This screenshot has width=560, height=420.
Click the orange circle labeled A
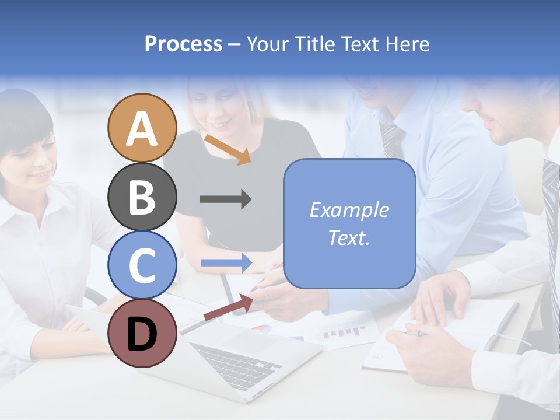142,128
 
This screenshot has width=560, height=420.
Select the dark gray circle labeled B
142,197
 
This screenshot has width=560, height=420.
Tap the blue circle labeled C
142,265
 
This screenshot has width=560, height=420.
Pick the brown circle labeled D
142,333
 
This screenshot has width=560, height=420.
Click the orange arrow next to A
228,149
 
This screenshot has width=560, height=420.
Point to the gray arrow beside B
226,199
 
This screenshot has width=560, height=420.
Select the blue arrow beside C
226,262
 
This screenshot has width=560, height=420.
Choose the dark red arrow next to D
228,307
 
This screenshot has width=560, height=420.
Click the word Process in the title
183,44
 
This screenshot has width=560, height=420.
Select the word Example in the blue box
349,210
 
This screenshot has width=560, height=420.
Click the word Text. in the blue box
349,238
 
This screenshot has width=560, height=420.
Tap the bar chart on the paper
345,333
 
